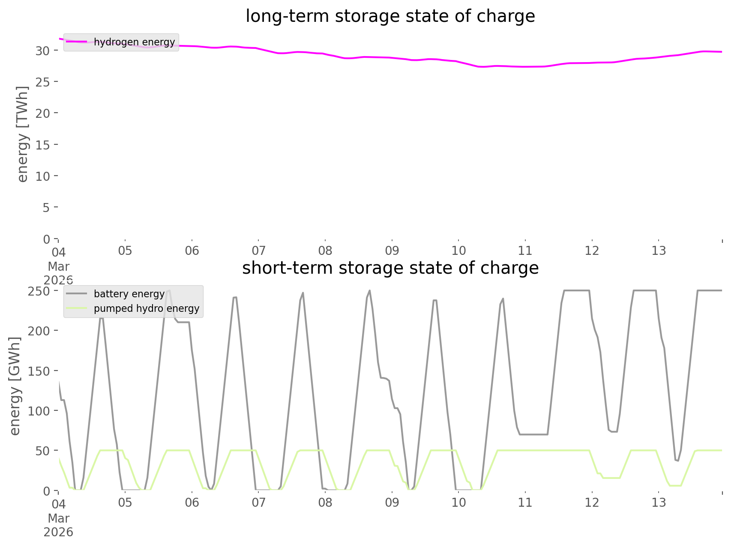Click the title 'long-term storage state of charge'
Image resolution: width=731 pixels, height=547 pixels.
390,16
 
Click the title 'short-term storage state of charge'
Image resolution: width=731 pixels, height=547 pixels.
390,268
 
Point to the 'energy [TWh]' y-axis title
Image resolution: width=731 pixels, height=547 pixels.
22,134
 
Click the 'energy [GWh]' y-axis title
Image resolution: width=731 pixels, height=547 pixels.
15,386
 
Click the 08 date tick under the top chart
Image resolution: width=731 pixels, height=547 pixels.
325,251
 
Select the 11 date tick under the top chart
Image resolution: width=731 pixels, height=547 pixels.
525,251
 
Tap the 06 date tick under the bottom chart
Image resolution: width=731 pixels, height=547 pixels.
192,502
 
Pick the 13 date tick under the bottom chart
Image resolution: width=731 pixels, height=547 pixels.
659,502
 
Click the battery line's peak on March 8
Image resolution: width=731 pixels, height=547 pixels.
369,291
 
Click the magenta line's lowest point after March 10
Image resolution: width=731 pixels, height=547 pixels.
482,67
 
